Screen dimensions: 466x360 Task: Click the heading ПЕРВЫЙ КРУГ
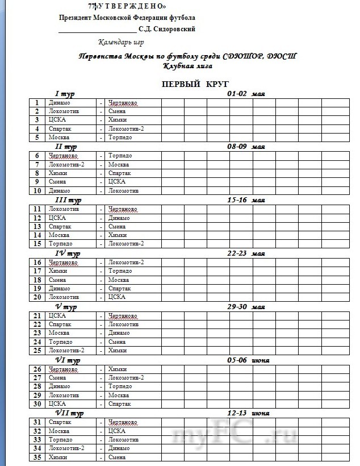[187, 84]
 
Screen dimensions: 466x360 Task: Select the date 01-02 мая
[246, 94]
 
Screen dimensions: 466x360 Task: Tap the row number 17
[37, 271]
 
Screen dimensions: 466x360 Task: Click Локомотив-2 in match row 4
[125, 129]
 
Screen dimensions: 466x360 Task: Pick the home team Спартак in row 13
[60, 226]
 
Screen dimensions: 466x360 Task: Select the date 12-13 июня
[248, 413]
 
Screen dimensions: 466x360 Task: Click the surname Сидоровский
[170, 29]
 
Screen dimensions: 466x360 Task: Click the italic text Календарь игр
[121, 42]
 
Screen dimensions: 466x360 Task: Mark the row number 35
[37, 457]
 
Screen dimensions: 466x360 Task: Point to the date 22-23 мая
[246, 253]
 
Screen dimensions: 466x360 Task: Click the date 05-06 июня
[248, 360]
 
